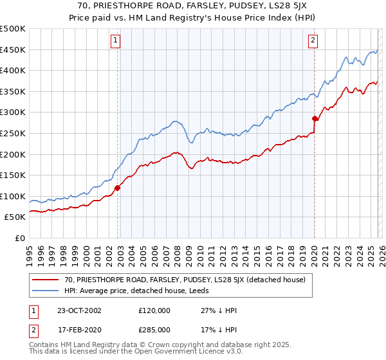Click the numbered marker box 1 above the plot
tap(116, 40)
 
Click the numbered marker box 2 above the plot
tap(313, 40)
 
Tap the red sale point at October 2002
tap(118, 188)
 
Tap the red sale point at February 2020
tap(315, 118)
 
